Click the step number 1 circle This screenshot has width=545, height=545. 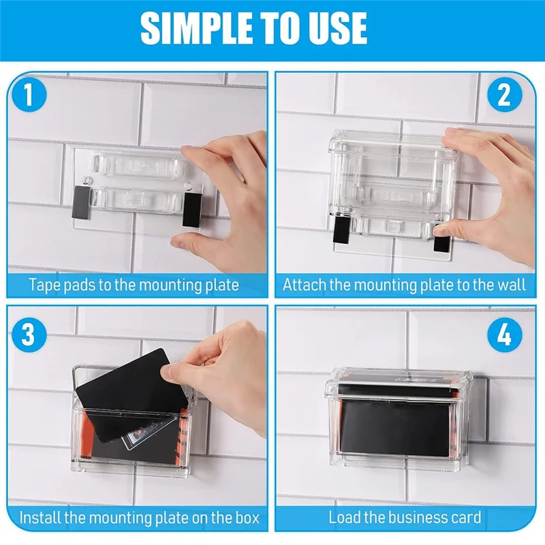click(x=29, y=95)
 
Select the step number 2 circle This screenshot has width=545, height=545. click(x=504, y=95)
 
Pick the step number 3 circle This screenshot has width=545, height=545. click(x=29, y=334)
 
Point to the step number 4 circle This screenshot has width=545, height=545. click(x=504, y=334)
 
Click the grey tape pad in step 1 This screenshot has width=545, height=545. click(x=81, y=202)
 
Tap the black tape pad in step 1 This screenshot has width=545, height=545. click(x=192, y=211)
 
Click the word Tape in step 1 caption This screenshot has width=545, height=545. click(x=45, y=285)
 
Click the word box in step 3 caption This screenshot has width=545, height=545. click(x=247, y=518)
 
